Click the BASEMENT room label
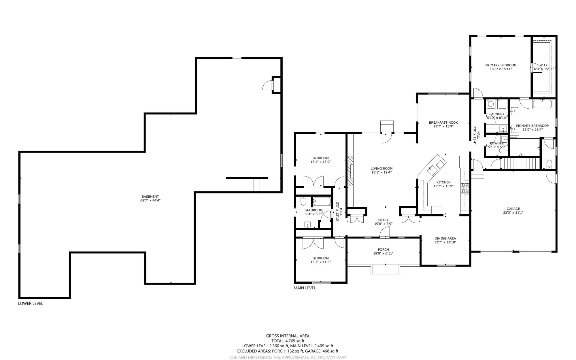pyautogui.click(x=150, y=197)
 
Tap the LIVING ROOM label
pyautogui.click(x=381, y=169)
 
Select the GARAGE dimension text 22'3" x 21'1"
pyautogui.click(x=513, y=213)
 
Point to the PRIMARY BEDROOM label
pyautogui.click(x=501, y=65)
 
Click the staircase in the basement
pyautogui.click(x=260, y=185)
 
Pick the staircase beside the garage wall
pyautogui.click(x=520, y=163)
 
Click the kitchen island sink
pyautogui.click(x=433, y=170)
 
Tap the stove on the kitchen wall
pyautogui.click(x=464, y=188)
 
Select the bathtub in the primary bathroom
pyautogui.click(x=542, y=104)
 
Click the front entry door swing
pyautogui.click(x=385, y=232)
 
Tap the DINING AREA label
pyautogui.click(x=445, y=238)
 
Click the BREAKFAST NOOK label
pyautogui.click(x=443, y=122)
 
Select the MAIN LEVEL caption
pyautogui.click(x=305, y=288)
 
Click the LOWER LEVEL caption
pyautogui.click(x=31, y=304)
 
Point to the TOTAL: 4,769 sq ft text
pyautogui.click(x=288, y=341)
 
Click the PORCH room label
pyautogui.click(x=383, y=250)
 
